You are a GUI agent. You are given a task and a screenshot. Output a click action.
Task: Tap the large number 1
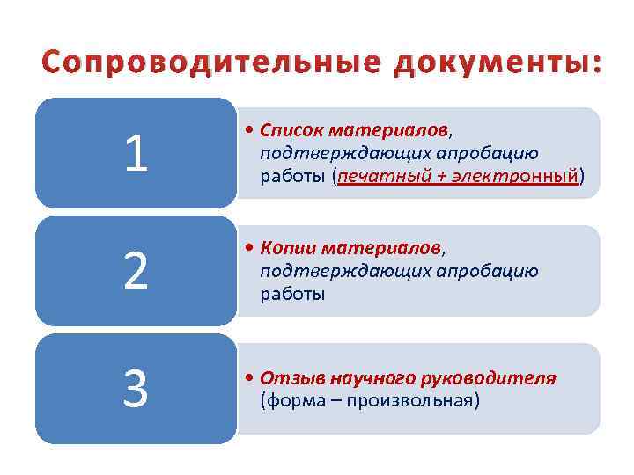136,154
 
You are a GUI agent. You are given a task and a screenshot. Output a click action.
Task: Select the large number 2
136,272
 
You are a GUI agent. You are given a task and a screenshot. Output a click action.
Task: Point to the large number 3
136,389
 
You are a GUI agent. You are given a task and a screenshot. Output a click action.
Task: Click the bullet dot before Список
251,131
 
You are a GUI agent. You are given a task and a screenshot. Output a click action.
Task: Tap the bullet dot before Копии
251,250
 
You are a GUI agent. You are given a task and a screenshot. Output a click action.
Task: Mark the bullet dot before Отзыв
251,379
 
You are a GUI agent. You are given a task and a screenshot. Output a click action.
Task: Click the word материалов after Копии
381,250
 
